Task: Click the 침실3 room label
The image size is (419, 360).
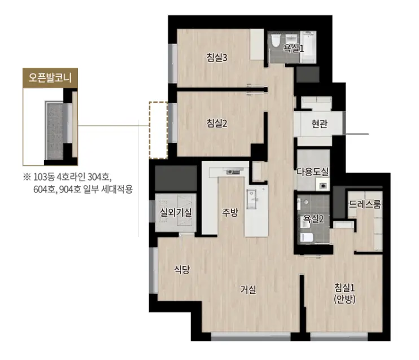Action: (217, 58)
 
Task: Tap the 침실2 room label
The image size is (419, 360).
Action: (217, 123)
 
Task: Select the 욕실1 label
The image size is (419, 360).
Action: (294, 49)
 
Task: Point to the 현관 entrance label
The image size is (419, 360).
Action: (319, 124)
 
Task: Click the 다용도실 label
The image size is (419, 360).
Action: (313, 172)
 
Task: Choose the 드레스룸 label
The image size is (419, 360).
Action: (365, 204)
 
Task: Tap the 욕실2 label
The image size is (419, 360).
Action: (313, 219)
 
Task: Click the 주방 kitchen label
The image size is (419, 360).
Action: (230, 212)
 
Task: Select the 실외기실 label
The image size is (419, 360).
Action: (176, 213)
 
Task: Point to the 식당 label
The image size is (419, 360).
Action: (182, 269)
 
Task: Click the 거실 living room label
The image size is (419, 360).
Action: (248, 289)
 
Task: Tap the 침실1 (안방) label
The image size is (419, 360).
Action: (344, 293)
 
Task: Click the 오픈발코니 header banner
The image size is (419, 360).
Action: (50, 78)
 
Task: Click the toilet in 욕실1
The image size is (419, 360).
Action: (275, 41)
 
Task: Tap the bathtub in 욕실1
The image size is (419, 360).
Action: (308, 47)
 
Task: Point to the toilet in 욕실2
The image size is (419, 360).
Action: (307, 237)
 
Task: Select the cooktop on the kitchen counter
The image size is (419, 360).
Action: (233, 172)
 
